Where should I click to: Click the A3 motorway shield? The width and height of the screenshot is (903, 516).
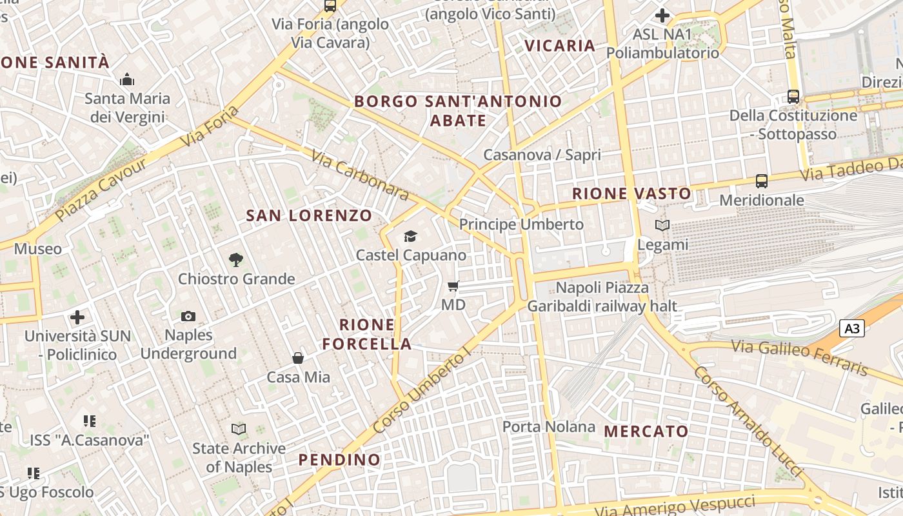[852, 328]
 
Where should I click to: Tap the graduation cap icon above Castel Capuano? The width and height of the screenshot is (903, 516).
[410, 237]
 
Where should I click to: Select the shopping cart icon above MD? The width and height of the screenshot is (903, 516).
[453, 286]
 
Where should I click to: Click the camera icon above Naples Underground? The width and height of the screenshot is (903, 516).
[188, 316]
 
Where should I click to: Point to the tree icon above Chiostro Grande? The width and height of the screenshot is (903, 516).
[236, 260]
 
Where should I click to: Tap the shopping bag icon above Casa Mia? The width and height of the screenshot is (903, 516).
[298, 358]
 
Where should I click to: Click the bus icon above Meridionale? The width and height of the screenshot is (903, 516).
[762, 181]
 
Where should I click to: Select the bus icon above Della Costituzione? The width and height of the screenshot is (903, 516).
[793, 97]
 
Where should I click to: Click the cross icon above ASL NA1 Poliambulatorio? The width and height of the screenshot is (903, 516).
[662, 15]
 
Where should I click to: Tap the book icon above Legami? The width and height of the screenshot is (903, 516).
[662, 226]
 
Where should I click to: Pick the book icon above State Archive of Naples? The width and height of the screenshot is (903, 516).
[239, 429]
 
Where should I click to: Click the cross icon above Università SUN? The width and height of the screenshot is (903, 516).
[77, 317]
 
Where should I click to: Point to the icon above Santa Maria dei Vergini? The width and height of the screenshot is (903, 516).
[127, 80]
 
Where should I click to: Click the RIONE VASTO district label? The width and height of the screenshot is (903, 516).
[631, 193]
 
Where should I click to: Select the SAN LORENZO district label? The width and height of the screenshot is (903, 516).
[309, 216]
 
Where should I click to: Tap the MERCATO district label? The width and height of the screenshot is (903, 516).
[646, 431]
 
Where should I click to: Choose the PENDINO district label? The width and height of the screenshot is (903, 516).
[339, 460]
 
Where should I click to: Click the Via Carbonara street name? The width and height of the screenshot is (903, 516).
[360, 175]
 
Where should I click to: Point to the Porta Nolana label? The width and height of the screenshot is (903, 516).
[549, 426]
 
